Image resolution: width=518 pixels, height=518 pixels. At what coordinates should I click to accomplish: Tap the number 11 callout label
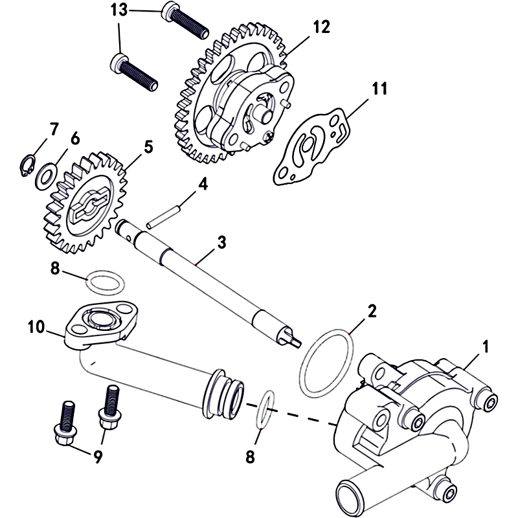point(379,89)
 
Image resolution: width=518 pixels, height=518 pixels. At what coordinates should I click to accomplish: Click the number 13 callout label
point(119,10)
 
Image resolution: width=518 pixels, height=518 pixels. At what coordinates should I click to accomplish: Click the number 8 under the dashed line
point(251,456)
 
